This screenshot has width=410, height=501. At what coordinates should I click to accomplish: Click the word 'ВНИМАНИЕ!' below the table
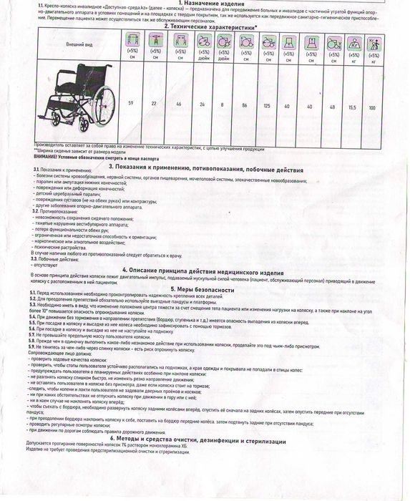[x=47, y=157]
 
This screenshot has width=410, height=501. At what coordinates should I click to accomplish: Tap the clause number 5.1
[x=33, y=294]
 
